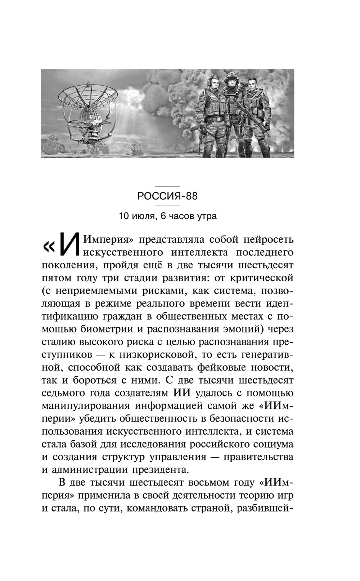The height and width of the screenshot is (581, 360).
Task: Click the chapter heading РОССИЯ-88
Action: point(167,196)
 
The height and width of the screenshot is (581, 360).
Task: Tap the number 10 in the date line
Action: point(123,216)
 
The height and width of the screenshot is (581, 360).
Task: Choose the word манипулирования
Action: point(85,406)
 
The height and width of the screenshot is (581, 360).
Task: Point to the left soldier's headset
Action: point(210,83)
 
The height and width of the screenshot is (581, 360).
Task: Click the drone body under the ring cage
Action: point(87,128)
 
